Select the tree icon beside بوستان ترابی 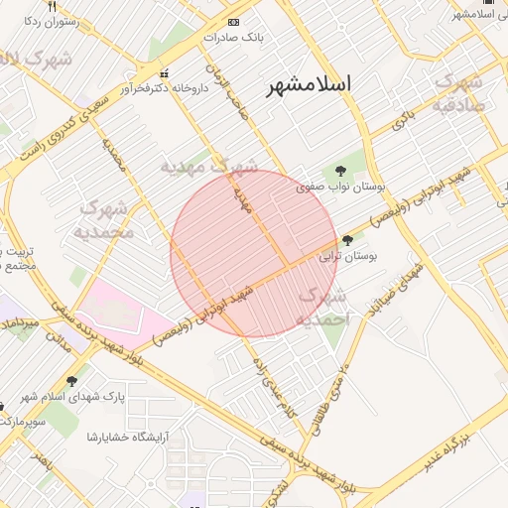[346, 240]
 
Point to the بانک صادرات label [233, 37]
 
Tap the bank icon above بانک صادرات [233, 22]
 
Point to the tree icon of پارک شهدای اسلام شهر [71, 381]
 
